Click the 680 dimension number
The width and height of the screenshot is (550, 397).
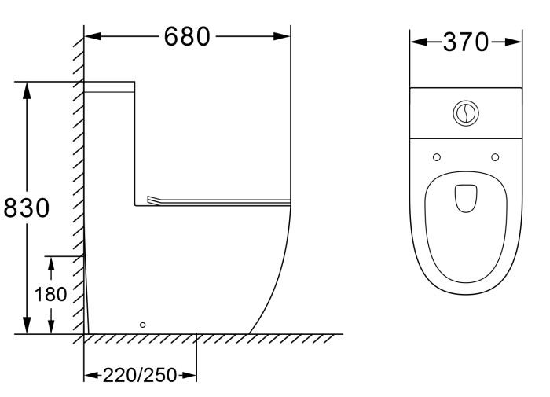187,36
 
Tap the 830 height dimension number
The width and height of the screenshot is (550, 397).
26,208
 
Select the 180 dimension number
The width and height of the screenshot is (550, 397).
51,295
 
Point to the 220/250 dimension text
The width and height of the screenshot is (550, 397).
139,375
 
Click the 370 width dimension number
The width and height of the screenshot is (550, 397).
466,42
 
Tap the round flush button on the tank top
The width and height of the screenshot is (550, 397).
466,113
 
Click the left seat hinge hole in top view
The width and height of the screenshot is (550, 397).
437,157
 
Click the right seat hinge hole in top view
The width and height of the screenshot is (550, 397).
495,157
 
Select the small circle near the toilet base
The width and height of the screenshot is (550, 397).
142,324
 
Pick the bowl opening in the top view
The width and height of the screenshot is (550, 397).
466,198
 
